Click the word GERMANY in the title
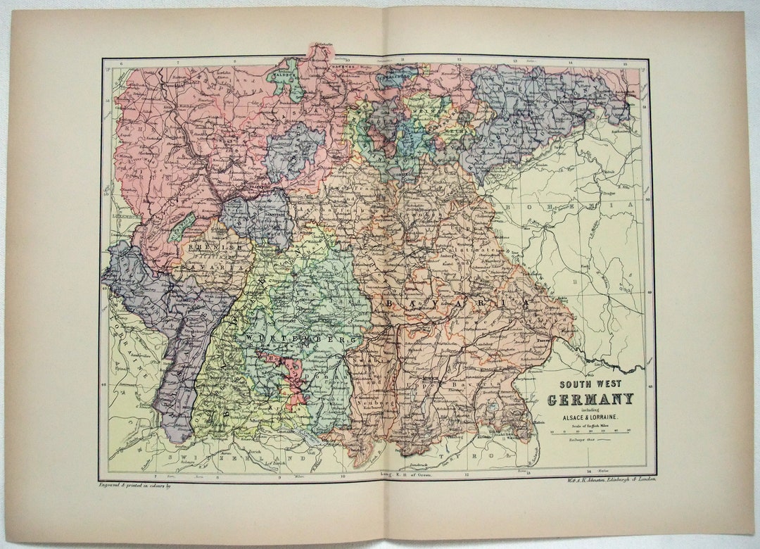click(590, 400)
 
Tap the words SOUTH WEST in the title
click(590, 385)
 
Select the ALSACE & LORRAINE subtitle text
click(590, 418)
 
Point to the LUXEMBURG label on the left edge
click(124, 217)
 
